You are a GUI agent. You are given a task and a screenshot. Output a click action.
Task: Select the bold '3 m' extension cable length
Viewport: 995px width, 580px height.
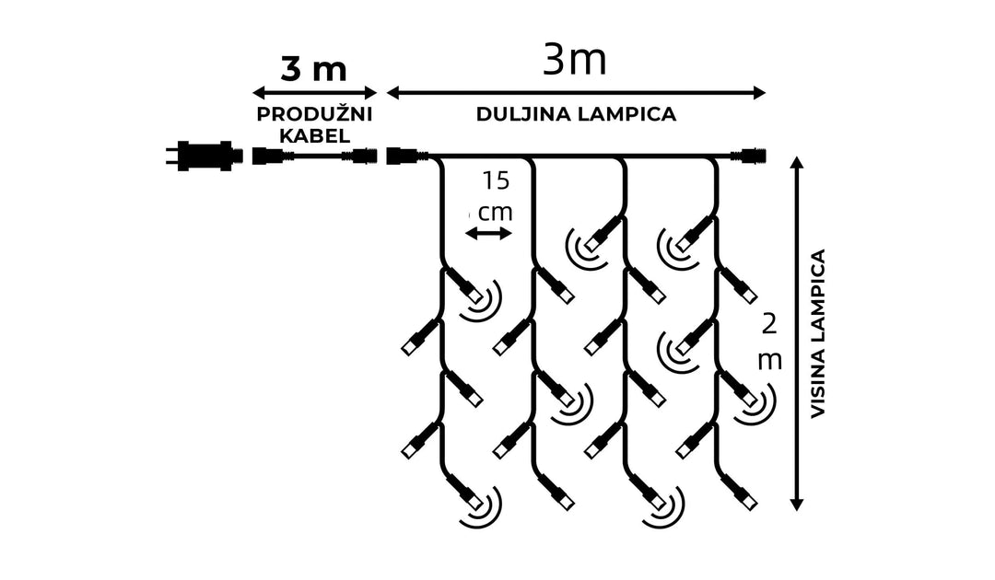coord(313,69)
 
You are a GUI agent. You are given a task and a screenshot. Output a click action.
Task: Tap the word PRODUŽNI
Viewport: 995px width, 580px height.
coord(313,114)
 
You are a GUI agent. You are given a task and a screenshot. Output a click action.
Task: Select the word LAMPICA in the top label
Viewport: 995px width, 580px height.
coord(630,114)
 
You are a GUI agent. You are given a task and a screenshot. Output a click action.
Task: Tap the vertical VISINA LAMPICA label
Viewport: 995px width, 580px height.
coord(817,333)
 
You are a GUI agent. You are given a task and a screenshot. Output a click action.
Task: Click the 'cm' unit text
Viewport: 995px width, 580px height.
coord(495,211)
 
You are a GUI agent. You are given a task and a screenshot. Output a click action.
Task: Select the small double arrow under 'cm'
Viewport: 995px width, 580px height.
coord(488,234)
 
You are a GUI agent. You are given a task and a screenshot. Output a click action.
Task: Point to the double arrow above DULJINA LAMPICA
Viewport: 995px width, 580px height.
coord(577,92)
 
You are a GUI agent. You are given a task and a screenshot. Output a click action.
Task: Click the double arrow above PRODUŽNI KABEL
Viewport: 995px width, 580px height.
coord(315,92)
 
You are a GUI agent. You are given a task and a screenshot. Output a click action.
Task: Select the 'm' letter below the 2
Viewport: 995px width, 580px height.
coord(769,359)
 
